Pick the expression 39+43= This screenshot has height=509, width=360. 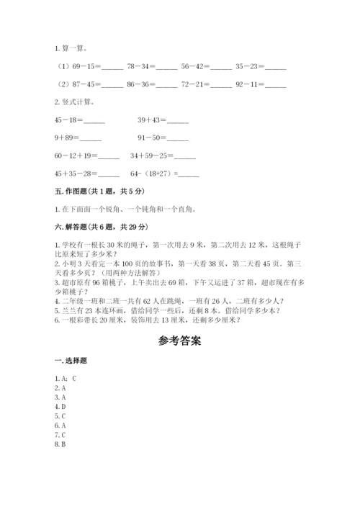152,120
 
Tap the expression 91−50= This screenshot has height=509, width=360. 152,138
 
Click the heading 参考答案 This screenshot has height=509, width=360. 180,341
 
